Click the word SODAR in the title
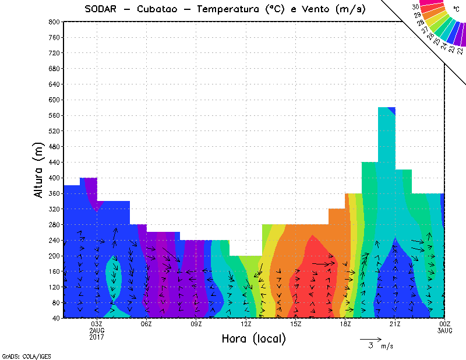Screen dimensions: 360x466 (103, 9)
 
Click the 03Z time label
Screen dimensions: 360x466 (97, 324)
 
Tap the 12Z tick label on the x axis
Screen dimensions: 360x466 (246, 324)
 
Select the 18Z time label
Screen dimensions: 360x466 (345, 324)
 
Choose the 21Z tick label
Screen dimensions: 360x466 (395, 324)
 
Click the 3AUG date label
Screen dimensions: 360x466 (444, 330)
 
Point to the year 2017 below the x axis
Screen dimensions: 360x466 (97, 337)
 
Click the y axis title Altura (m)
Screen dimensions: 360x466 (39, 170)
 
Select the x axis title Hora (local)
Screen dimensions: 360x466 (253, 338)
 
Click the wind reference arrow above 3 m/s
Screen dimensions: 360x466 (370, 338)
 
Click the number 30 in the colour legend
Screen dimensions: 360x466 (416, 7)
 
